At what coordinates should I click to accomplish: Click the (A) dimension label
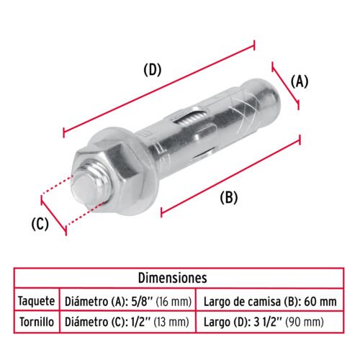click(x=299, y=82)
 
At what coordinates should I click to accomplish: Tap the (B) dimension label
click(x=229, y=198)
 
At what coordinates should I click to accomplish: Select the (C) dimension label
click(x=40, y=224)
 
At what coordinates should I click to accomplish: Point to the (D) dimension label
click(x=153, y=70)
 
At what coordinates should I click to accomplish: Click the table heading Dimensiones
click(x=172, y=278)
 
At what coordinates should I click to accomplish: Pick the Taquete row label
click(x=37, y=301)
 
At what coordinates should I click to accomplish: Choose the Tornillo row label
click(x=37, y=322)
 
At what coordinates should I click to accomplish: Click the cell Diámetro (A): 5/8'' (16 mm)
click(x=128, y=302)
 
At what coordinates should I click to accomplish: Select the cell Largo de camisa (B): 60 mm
click(x=270, y=302)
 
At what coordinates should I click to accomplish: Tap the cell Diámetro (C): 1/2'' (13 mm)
click(x=127, y=322)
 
